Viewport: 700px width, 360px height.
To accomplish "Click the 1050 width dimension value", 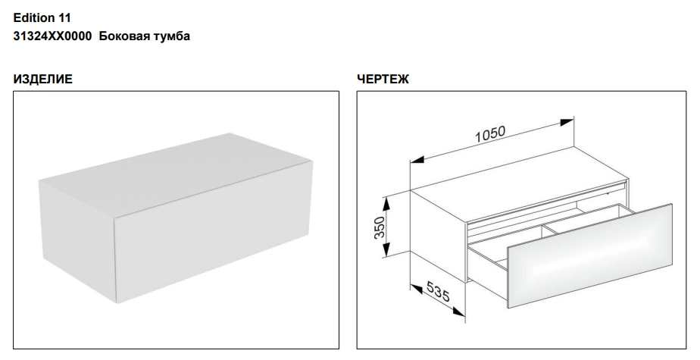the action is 489,134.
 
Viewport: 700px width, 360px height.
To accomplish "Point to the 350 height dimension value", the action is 379,227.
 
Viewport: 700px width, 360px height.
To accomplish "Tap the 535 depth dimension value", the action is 438,291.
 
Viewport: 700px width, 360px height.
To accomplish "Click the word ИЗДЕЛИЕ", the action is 43,79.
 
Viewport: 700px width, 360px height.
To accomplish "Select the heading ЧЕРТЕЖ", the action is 383,79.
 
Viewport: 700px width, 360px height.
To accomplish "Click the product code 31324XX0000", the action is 53,36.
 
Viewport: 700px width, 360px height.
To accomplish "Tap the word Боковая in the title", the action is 123,36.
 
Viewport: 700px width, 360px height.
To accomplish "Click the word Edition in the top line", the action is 33,18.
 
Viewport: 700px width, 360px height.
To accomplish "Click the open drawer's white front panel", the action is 589,255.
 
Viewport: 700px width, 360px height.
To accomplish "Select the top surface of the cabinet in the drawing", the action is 518,183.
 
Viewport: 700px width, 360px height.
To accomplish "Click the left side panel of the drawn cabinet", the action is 439,236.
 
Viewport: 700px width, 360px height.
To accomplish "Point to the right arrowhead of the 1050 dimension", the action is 567,122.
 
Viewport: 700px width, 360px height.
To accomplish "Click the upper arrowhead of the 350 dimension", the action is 386,204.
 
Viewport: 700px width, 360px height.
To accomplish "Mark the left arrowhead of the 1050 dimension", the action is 417,159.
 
